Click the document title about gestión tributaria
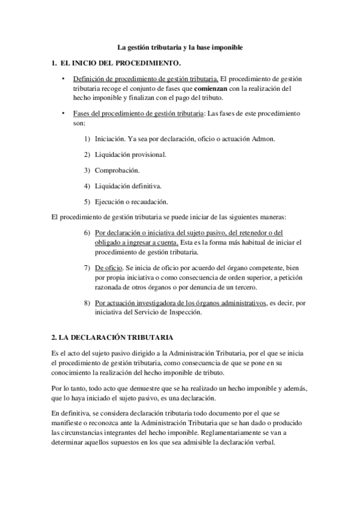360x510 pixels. point(180,46)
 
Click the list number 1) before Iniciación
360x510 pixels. point(87,139)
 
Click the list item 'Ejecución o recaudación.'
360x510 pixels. point(131,201)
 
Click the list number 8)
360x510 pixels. point(87,303)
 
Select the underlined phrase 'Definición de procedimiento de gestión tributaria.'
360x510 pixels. point(145,79)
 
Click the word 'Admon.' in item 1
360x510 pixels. point(263,139)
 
